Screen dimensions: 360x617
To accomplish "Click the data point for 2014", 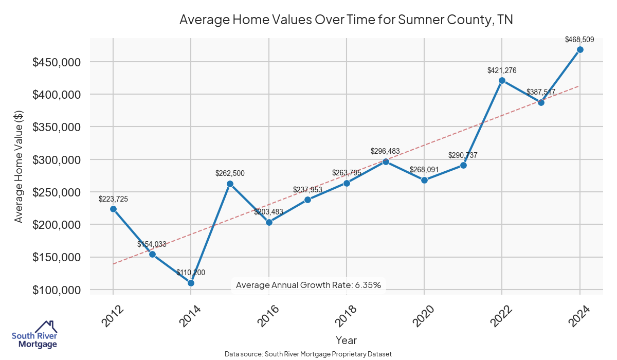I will click(191, 283).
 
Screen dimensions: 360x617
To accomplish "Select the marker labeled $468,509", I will click(580, 49).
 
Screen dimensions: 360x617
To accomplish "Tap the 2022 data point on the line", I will click(502, 80).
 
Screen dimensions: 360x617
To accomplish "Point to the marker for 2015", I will click(230, 184).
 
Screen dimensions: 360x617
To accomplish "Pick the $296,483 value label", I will click(386, 151).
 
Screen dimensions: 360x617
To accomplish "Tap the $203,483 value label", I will click(268, 212).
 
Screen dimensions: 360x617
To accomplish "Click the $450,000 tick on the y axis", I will click(57, 62).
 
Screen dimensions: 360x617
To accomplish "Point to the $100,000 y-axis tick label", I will click(57, 290).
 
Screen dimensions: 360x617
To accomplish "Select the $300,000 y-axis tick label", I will click(57, 160).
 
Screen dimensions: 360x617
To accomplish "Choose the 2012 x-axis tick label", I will click(112, 315).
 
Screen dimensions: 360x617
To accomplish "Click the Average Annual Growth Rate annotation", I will click(308, 285).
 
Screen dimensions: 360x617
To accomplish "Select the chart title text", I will click(346, 20).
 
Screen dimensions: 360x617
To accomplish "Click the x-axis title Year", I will click(346, 340).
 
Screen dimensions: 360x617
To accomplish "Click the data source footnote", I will click(308, 354).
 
